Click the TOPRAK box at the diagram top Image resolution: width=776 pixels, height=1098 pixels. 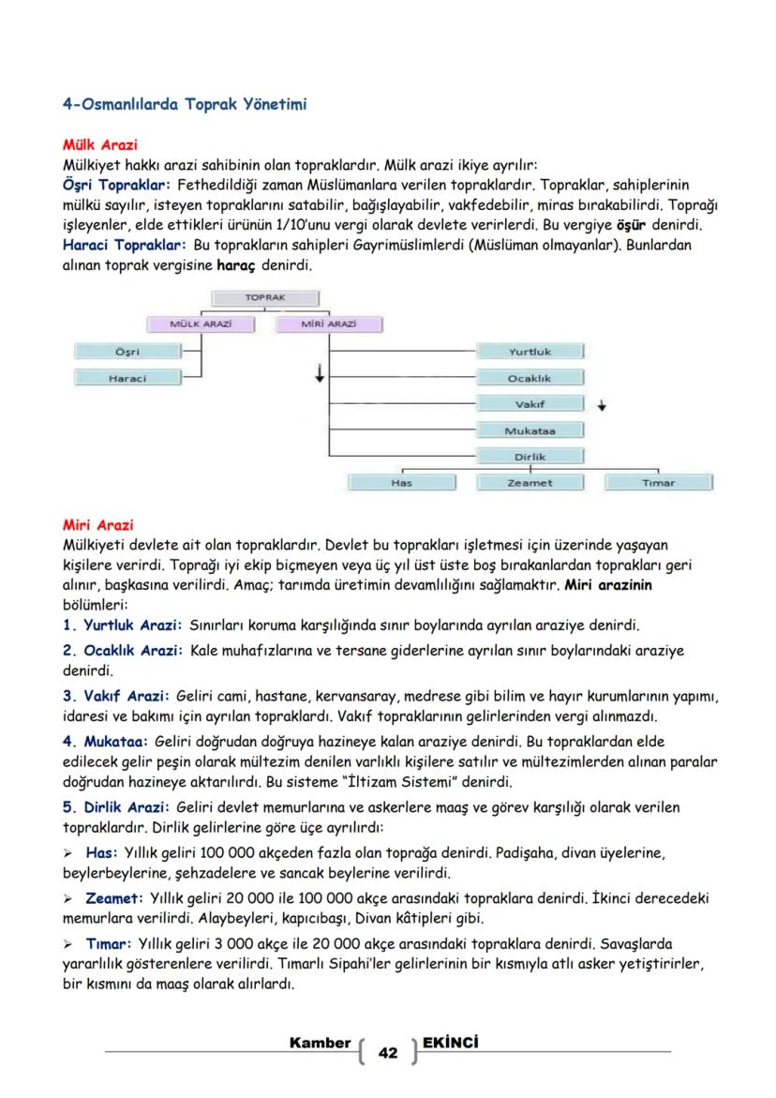(266, 297)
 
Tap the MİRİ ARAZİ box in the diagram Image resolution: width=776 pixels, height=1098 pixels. (329, 323)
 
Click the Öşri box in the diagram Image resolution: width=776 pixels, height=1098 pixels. (127, 352)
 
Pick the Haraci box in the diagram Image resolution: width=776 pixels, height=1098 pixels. (127, 378)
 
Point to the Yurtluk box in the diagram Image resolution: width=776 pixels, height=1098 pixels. (530, 352)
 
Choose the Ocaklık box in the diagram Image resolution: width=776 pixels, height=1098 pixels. (530, 378)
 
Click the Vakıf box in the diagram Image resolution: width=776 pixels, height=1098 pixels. (530, 404)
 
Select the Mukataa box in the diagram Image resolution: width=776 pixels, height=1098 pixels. (530, 430)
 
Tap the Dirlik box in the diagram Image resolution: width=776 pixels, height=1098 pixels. (530, 457)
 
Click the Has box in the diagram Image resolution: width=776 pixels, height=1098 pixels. (401, 483)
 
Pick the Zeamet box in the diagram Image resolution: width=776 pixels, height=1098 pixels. (530, 483)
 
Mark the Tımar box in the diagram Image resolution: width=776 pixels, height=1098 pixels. (658, 483)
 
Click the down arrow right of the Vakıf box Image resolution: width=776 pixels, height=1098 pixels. (602, 406)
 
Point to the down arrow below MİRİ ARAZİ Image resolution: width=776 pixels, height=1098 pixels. (320, 374)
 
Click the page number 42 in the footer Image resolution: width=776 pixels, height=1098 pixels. (387, 1053)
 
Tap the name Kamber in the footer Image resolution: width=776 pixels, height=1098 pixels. (321, 1043)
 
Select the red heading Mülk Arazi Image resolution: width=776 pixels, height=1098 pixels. (99, 144)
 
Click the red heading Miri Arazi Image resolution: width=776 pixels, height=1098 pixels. (97, 524)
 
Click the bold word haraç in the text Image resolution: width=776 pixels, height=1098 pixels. (235, 265)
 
